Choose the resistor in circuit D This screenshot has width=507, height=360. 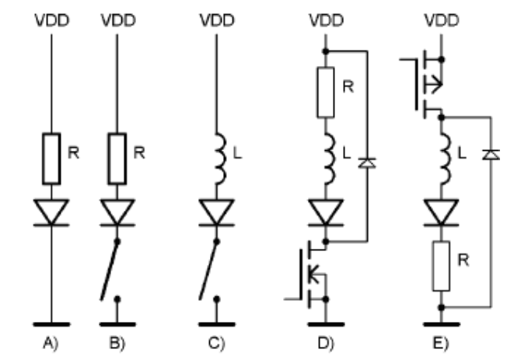326,92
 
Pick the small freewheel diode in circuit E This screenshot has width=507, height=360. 490,156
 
